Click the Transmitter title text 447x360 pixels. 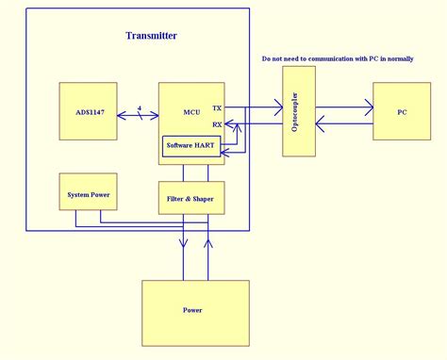[x=151, y=36]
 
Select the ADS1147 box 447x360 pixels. [x=88, y=114]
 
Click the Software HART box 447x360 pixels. [x=192, y=145]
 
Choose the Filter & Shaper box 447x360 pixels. [x=191, y=198]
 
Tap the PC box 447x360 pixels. [x=402, y=112]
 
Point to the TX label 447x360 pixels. [x=217, y=108]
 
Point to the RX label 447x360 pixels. [x=217, y=124]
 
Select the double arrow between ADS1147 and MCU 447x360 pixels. [x=138, y=115]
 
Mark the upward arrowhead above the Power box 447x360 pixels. [x=208, y=242]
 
